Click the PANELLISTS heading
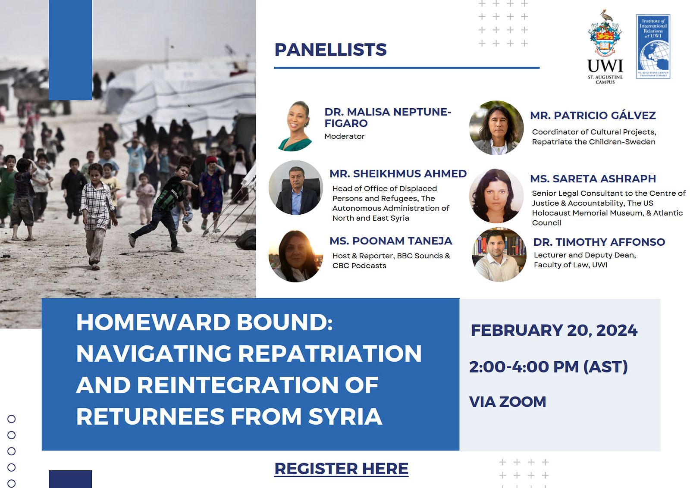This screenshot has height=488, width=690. (x=330, y=50)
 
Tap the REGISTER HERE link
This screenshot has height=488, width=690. (x=341, y=469)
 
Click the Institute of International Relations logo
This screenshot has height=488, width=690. (x=653, y=46)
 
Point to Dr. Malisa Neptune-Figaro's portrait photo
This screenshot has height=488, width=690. (x=295, y=126)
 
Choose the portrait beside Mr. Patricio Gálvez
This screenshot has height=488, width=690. (x=496, y=128)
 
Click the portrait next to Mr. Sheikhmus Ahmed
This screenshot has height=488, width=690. (x=296, y=188)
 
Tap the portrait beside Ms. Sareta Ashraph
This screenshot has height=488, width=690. (x=496, y=196)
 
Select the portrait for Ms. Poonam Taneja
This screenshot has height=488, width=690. (x=296, y=255)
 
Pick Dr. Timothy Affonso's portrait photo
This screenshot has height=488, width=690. (x=499, y=254)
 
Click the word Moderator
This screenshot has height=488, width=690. (x=345, y=136)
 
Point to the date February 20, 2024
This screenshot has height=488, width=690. (x=554, y=330)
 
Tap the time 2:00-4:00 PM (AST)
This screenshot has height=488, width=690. (x=548, y=367)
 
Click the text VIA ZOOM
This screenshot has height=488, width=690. (x=507, y=402)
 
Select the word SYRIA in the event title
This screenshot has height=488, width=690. (x=345, y=416)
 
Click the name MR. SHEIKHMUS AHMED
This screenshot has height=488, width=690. (x=398, y=174)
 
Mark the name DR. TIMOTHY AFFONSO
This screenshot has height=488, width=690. (x=599, y=242)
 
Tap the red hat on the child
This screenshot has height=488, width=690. (x=211, y=160)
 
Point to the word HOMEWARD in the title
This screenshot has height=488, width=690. (x=154, y=322)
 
